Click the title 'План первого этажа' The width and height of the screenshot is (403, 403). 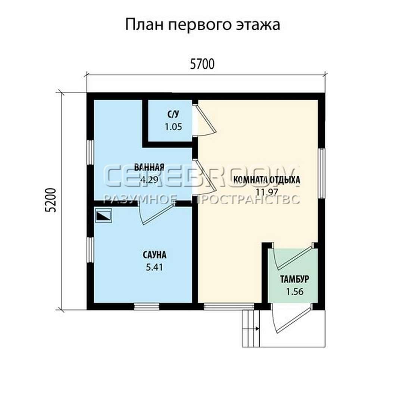coord(203,25)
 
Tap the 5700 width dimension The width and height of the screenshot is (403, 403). coord(202,64)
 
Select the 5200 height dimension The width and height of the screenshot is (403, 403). coord(50,200)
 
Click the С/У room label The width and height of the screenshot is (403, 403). coord(173,115)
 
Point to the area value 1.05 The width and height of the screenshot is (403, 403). coord(174,127)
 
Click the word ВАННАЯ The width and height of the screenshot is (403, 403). coord(149,167)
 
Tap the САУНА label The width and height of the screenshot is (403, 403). coord(154,255)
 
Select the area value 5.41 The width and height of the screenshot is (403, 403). coord(154,267)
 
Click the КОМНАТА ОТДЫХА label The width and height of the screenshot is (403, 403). coord(267,179)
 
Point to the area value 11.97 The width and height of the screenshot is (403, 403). coord(267,192)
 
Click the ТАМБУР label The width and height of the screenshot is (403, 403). coord(294,279)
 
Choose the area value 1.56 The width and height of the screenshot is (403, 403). coord(295,292)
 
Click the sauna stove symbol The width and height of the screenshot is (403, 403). coord(103,215)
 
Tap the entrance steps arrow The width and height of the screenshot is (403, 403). coord(257,328)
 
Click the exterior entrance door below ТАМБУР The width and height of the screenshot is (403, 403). coord(293,319)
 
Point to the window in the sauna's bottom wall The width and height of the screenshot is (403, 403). coord(147,306)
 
